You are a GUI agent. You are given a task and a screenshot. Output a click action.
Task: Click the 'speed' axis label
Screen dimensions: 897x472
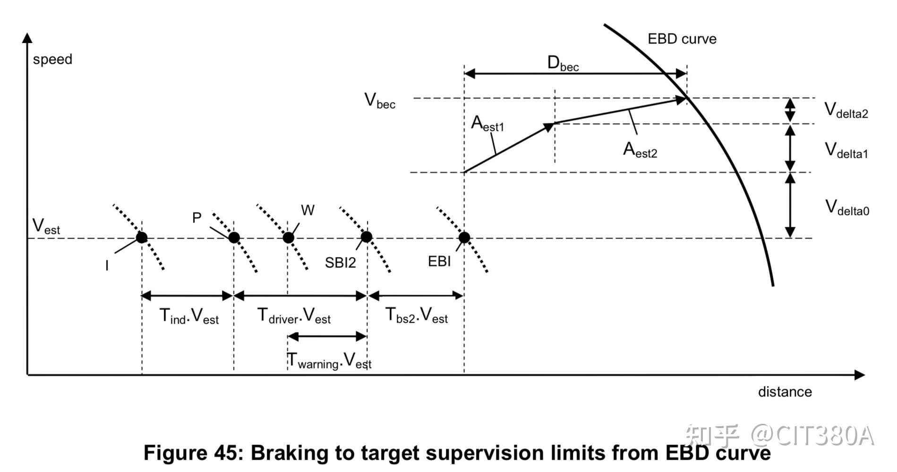tap(52, 60)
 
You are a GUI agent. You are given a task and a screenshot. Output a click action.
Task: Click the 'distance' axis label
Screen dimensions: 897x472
tap(785, 392)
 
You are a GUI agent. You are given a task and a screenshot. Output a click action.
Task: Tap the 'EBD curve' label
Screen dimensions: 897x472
tap(682, 39)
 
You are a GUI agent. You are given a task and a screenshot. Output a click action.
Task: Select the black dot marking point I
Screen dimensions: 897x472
tap(142, 237)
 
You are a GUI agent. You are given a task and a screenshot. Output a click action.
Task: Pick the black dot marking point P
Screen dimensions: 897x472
tap(234, 237)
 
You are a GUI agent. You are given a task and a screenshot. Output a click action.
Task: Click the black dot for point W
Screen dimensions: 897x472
tap(288, 237)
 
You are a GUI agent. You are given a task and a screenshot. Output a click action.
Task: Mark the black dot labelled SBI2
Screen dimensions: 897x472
tap(367, 237)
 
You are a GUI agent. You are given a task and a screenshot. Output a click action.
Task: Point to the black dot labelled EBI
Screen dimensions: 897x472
tap(464, 237)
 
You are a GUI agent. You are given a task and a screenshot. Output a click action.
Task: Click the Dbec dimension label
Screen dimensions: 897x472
tap(563, 63)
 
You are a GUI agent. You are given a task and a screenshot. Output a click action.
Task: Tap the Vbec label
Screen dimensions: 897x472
tap(380, 101)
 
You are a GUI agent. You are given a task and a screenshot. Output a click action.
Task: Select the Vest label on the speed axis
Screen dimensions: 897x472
tap(46, 227)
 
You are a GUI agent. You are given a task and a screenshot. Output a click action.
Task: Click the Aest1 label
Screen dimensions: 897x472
tap(487, 124)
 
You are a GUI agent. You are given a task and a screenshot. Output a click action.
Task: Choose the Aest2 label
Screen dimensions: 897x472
tap(640, 150)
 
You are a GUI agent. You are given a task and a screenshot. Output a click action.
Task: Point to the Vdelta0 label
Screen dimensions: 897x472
tap(847, 208)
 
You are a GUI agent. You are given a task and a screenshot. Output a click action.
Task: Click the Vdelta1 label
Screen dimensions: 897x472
tap(846, 151)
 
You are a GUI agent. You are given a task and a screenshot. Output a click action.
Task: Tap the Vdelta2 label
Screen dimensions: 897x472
tap(846, 111)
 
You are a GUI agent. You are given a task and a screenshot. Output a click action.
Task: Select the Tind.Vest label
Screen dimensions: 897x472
tap(189, 316)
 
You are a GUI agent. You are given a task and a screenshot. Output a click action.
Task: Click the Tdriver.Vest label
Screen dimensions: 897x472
tap(294, 316)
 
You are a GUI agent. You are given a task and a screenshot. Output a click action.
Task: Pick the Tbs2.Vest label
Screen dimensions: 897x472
tap(417, 315)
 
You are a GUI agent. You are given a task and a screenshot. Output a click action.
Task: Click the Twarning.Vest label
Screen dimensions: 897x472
tap(330, 361)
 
